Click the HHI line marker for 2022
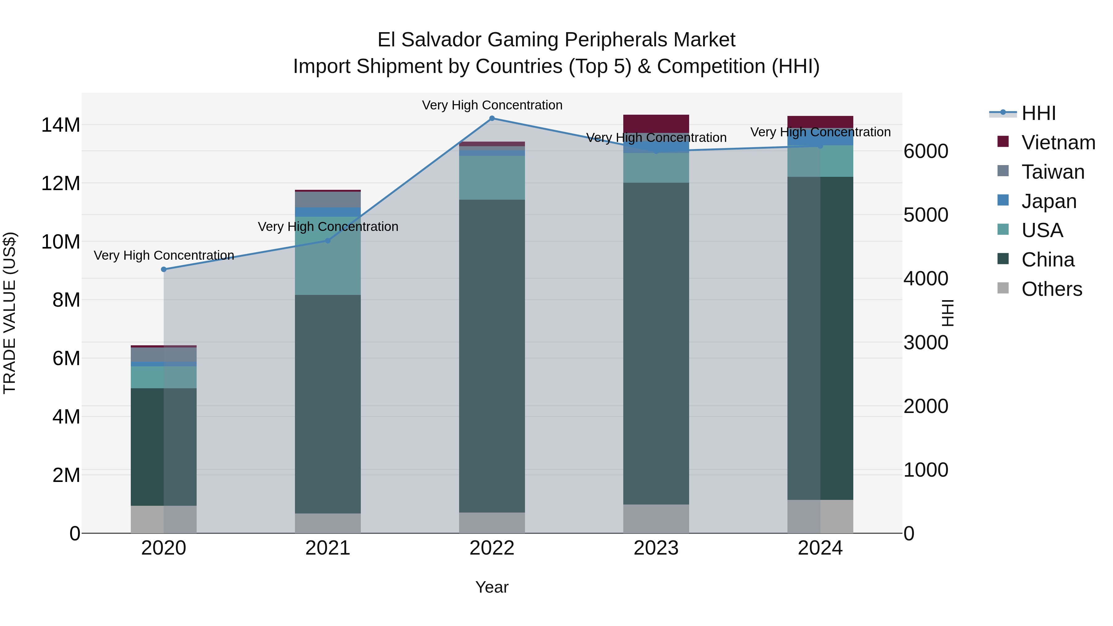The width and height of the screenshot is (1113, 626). coord(492,118)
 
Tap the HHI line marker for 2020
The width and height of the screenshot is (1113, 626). coord(164,270)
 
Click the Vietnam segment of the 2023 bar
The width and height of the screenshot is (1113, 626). coord(656,124)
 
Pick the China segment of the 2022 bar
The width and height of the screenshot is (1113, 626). coord(492,356)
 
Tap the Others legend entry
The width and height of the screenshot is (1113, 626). coord(1051,289)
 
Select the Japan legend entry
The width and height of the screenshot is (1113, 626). coord(1049,201)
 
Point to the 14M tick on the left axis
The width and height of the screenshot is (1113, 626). coord(61,125)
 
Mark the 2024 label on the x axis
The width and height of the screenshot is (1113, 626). coord(820,548)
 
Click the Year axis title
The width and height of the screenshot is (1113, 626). coord(492,587)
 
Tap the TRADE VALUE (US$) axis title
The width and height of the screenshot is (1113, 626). coord(10,313)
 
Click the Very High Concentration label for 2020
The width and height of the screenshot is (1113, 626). coord(164,255)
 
